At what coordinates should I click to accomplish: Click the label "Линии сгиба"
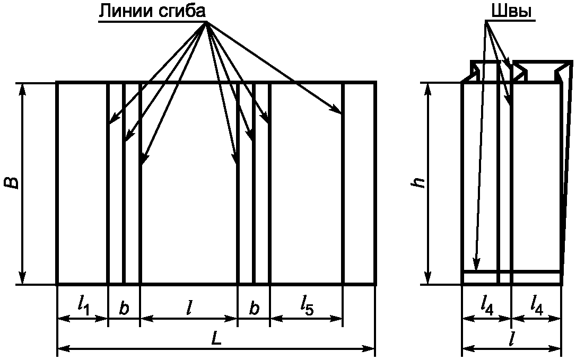click(x=152, y=11)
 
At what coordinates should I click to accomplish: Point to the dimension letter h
click(x=420, y=182)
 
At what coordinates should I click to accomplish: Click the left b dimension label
click(x=124, y=309)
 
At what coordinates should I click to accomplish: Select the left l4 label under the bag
click(x=487, y=304)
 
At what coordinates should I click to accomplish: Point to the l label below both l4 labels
click(x=511, y=340)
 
